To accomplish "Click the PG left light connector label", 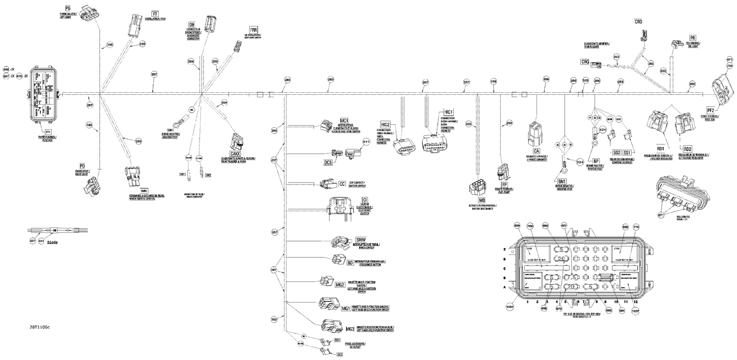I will [68, 9].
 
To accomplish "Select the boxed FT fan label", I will [155, 14].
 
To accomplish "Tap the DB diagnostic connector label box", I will [192, 25].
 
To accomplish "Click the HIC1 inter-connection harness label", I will [448, 112].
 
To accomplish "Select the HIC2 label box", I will [385, 125].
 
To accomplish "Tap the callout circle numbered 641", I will [365, 142].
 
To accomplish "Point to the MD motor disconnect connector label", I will [482, 201].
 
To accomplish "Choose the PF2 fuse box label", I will [710, 111].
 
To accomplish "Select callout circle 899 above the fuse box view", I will [516, 225].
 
